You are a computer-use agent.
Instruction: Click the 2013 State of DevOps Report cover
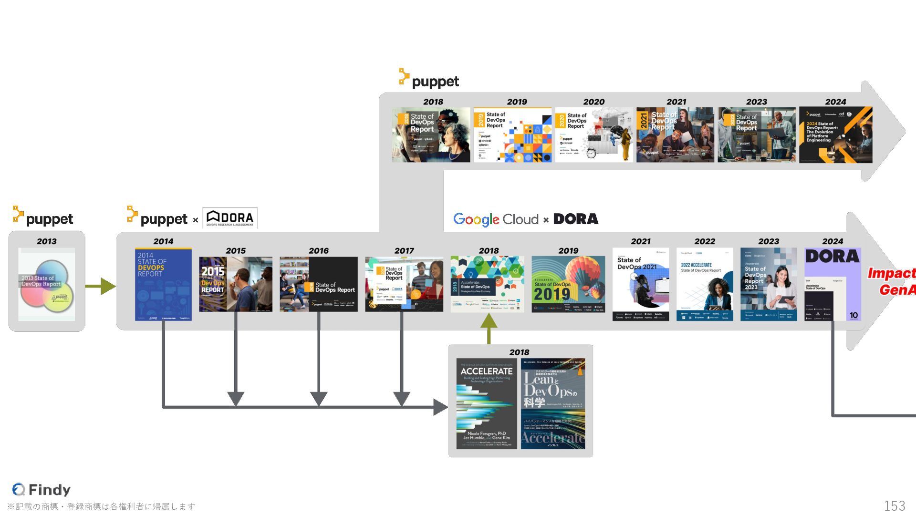coord(47,284)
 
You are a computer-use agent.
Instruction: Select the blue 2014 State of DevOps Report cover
coord(163,284)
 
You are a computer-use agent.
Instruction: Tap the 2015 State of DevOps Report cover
coord(236,284)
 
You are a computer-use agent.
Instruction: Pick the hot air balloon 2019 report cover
coord(568,284)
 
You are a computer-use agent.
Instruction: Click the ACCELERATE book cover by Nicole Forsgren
coord(487,403)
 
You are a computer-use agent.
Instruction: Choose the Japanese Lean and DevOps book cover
coord(553,403)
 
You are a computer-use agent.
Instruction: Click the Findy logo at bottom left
coord(42,489)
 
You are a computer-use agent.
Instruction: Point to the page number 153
coord(894,505)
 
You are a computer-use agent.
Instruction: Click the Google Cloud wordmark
coord(496,219)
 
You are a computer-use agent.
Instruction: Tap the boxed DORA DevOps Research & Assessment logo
coord(230,218)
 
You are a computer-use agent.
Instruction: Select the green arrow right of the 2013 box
coord(101,286)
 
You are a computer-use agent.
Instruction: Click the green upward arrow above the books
coord(489,328)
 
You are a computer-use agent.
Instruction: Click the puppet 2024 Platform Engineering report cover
coord(835,135)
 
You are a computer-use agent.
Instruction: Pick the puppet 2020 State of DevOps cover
coord(593,135)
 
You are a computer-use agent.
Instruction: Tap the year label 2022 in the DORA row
coord(705,241)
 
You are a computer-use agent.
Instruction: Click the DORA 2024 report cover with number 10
coord(833,284)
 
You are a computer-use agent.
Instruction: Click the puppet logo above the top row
coord(429,80)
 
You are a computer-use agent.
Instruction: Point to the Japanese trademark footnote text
coord(101,506)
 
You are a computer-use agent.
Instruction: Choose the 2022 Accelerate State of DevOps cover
coord(705,284)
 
